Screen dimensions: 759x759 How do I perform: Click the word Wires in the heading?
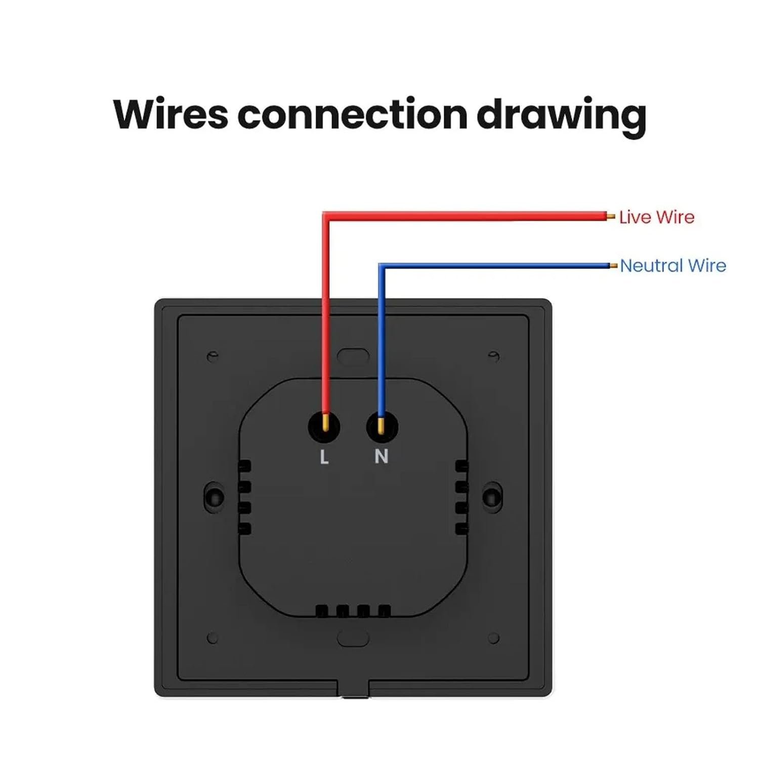click(x=171, y=114)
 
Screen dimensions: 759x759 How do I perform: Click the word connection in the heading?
click(x=352, y=114)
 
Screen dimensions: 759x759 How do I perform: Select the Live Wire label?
click(x=656, y=217)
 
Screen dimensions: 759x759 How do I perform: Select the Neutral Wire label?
click(x=672, y=266)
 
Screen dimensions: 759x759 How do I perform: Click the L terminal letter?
click(x=324, y=457)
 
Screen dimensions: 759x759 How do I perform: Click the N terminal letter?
click(x=381, y=456)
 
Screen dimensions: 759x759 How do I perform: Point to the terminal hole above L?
click(x=324, y=428)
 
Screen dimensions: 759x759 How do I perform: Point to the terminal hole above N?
click(x=382, y=428)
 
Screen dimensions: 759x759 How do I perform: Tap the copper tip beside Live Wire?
click(x=611, y=217)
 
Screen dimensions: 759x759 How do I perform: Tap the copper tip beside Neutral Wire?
click(x=613, y=266)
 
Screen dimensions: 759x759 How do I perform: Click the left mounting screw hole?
click(x=215, y=496)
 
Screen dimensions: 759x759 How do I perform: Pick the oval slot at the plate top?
click(x=353, y=356)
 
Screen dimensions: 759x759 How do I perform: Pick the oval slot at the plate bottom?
click(x=353, y=638)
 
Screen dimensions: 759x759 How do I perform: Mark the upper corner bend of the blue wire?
click(x=382, y=267)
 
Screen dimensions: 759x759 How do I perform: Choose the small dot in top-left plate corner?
click(x=213, y=356)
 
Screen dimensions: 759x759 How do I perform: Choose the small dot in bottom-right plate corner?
click(x=494, y=638)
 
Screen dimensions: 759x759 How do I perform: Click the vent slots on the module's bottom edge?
click(x=353, y=611)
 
